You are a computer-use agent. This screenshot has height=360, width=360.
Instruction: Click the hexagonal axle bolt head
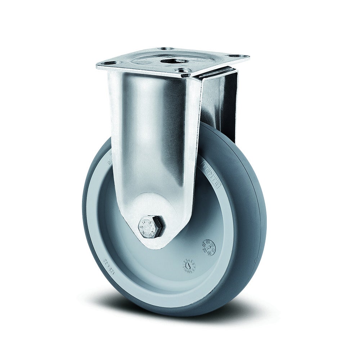coord(150,226)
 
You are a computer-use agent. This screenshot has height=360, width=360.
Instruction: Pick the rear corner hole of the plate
coord(166,49)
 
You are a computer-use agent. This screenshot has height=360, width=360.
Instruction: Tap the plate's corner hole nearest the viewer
coord(185,75)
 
